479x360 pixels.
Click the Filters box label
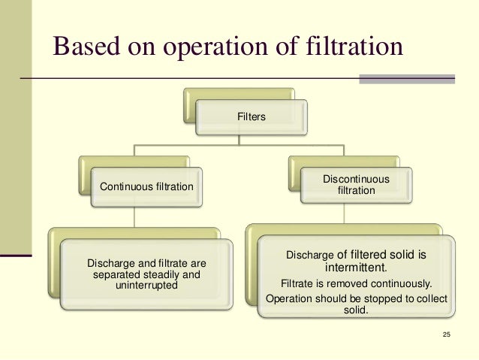pyautogui.click(x=251, y=118)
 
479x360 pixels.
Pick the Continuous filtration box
pyautogui.click(x=141, y=186)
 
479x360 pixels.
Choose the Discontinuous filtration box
pyautogui.click(x=356, y=186)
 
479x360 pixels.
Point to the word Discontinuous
pyautogui.click(x=356, y=180)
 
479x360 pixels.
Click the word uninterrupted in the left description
pyautogui.click(x=146, y=286)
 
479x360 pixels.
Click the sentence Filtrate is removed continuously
pyautogui.click(x=356, y=284)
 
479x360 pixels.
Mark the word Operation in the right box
pyautogui.click(x=290, y=299)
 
